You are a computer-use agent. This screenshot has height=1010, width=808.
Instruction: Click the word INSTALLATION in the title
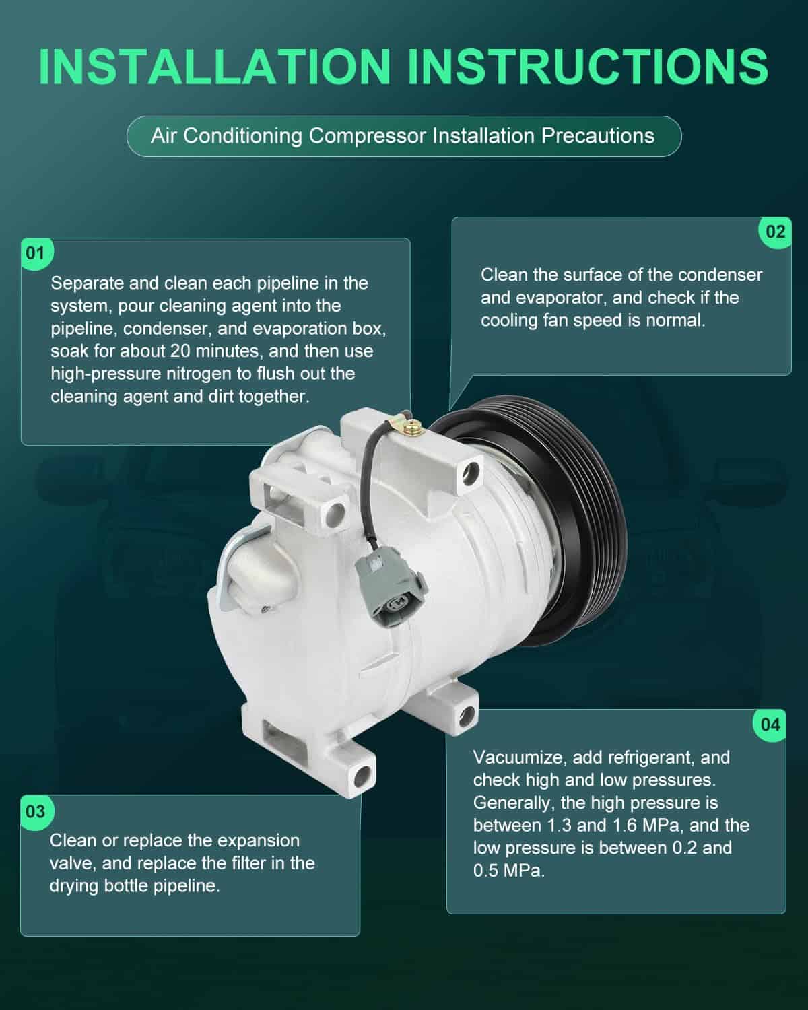pyautogui.click(x=215, y=67)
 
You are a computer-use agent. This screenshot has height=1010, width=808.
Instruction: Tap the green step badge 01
pyautogui.click(x=36, y=254)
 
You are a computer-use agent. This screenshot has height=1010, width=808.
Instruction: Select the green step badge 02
pyautogui.click(x=775, y=232)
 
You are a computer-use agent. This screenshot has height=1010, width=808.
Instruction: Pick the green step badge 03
pyautogui.click(x=36, y=811)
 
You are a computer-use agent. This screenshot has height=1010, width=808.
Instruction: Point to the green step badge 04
pyautogui.click(x=770, y=725)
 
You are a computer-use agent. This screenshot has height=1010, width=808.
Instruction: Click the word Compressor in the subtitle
pyautogui.click(x=367, y=137)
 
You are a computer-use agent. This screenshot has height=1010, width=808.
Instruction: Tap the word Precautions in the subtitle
pyautogui.click(x=598, y=136)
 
